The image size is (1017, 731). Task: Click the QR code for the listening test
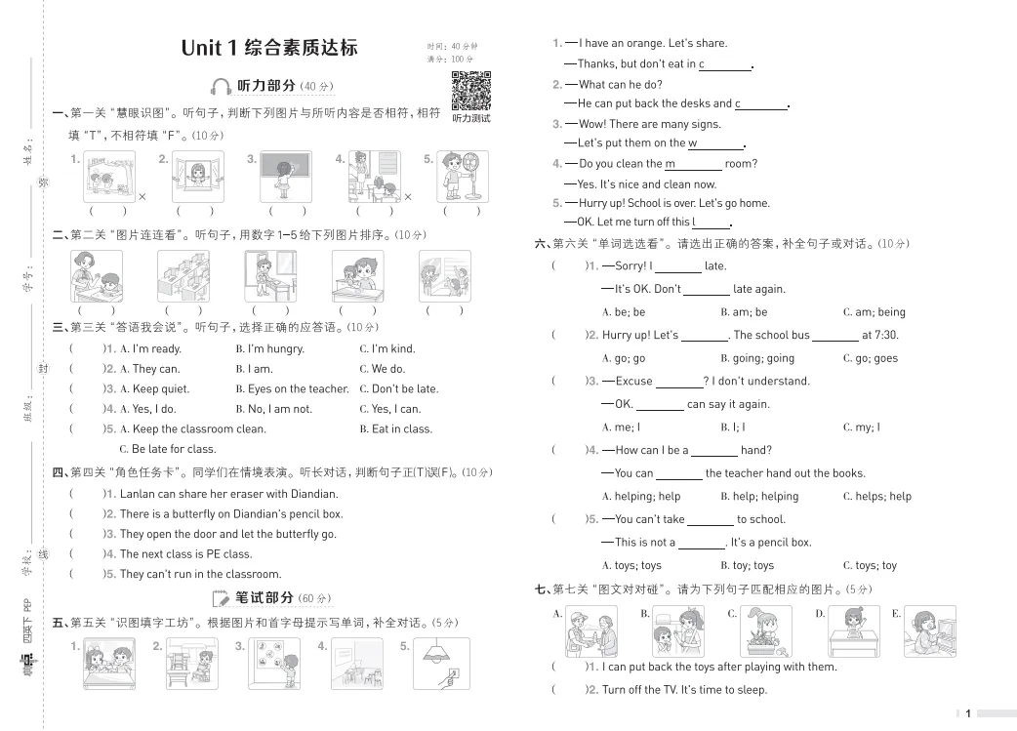[x=470, y=92]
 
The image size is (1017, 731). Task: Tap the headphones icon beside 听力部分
[x=222, y=87]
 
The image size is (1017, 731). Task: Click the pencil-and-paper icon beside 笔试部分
[x=221, y=598]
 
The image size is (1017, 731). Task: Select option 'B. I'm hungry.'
[x=269, y=348]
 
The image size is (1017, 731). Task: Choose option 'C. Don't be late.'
[x=398, y=388]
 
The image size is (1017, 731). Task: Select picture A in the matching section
[x=591, y=631]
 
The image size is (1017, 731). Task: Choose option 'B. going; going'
[x=757, y=358]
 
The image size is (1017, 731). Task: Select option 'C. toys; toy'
[x=870, y=565]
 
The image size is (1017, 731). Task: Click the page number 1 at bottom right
[x=967, y=713]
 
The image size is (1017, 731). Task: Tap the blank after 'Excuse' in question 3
[x=679, y=382]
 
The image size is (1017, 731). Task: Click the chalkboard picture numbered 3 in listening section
[x=286, y=177]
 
